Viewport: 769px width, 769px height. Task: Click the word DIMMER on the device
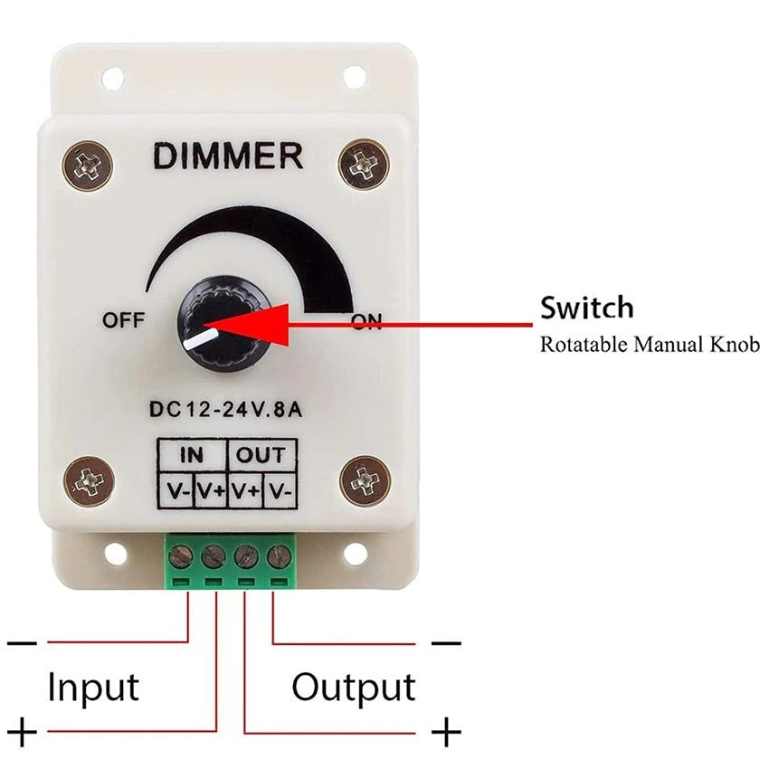tap(227, 157)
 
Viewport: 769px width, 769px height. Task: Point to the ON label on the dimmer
tap(367, 322)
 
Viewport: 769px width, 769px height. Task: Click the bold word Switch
tap(587, 308)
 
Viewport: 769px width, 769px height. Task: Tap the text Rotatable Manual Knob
tap(650, 345)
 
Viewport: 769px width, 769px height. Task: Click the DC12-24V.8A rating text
tap(225, 409)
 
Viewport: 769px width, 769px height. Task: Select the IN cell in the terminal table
tap(193, 455)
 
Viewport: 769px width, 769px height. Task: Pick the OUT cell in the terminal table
tap(261, 455)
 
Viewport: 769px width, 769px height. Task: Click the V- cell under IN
tap(176, 491)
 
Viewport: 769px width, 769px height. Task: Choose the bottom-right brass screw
tap(365, 480)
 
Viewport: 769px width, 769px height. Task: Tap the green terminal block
tap(230, 560)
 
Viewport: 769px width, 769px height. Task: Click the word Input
tap(93, 688)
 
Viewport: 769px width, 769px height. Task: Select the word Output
tap(353, 688)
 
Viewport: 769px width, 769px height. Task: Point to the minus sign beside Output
tap(446, 643)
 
